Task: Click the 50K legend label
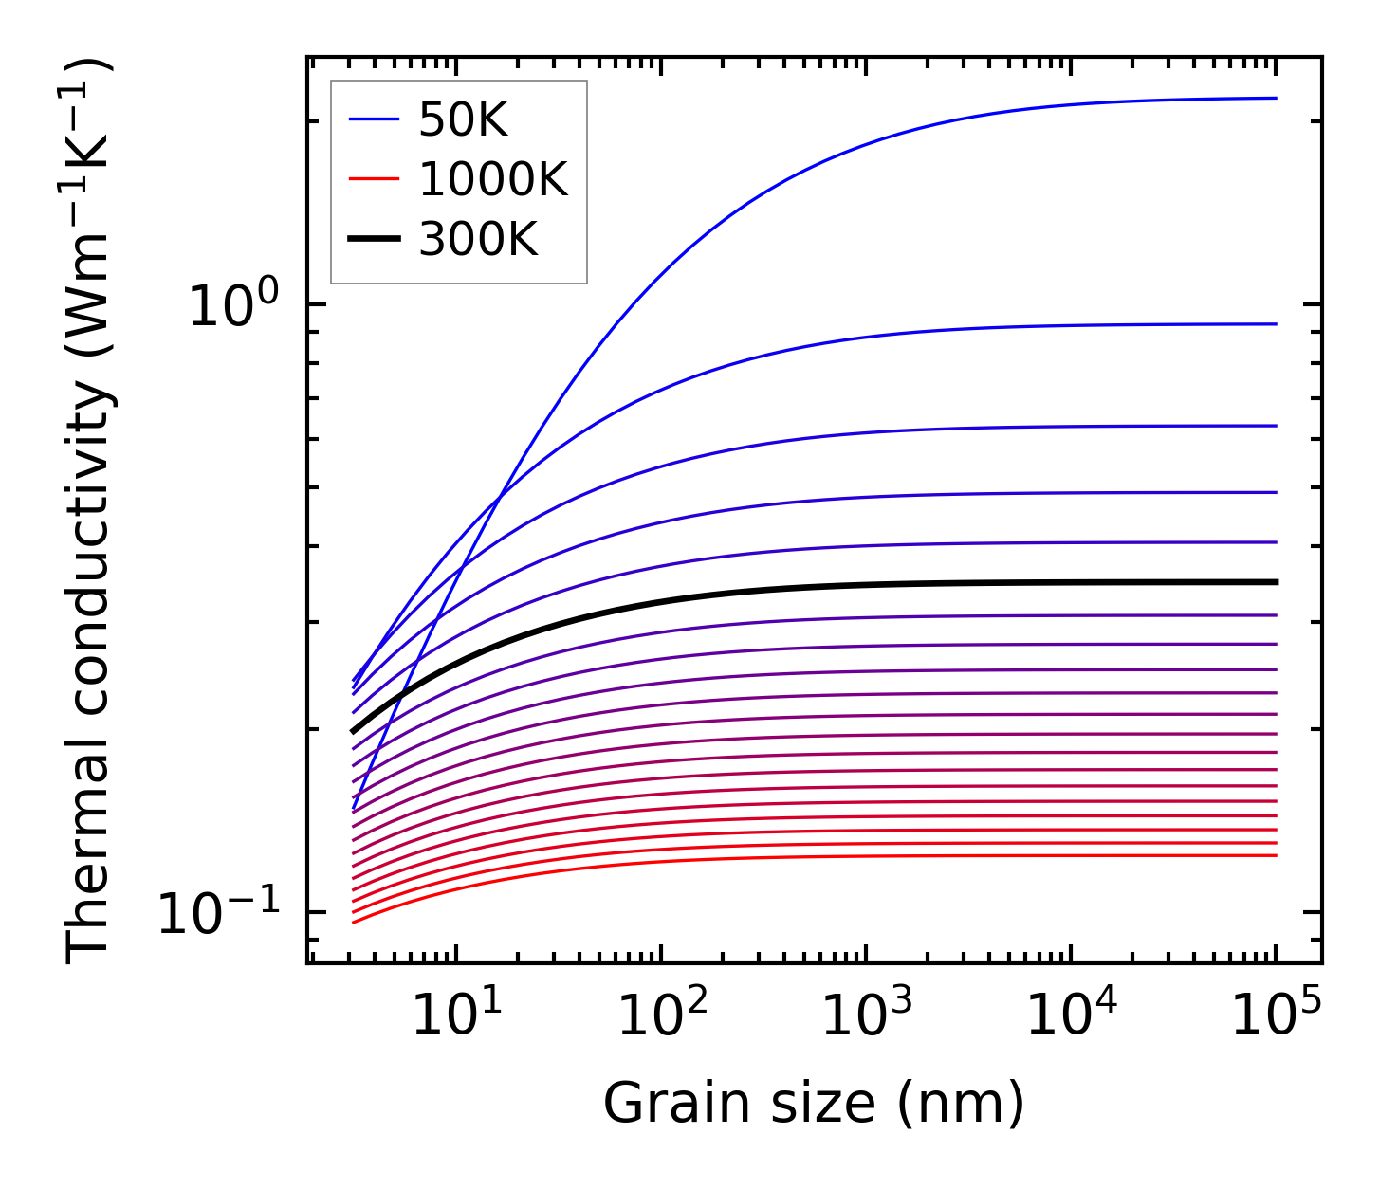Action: [463, 120]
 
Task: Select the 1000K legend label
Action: [492, 180]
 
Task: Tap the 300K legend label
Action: [478, 240]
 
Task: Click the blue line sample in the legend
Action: [375, 120]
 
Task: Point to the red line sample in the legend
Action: [375, 180]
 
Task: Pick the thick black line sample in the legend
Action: [375, 240]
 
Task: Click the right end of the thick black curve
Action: [1276, 582]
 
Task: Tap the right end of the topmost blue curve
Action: [1276, 98]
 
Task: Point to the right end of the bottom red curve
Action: [1276, 855]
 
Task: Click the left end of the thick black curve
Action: [354, 731]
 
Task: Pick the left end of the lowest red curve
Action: [354, 922]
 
